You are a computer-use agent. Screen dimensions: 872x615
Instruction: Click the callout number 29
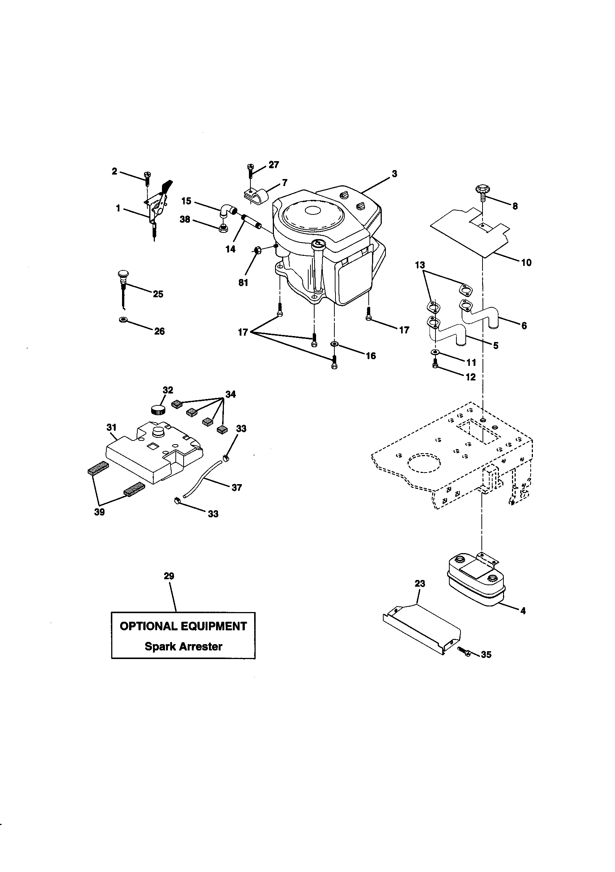[169, 576]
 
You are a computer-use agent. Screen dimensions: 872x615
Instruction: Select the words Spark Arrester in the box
[183, 646]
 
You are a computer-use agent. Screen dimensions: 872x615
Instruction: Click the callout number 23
[419, 583]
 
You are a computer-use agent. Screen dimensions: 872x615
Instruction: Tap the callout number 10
[526, 263]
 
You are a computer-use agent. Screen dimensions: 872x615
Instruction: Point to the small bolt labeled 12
[435, 366]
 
